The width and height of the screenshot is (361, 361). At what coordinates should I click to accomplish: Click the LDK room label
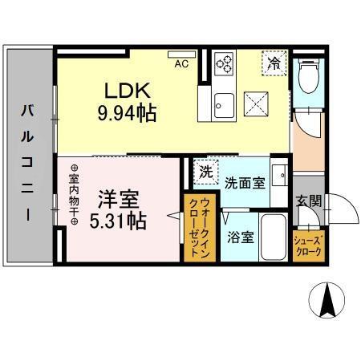[x=127, y=90]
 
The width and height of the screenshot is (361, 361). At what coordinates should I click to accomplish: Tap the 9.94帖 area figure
[x=127, y=113]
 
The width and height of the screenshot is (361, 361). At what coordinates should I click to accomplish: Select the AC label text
[x=181, y=63]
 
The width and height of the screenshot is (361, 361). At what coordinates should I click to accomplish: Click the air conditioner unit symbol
[x=181, y=55]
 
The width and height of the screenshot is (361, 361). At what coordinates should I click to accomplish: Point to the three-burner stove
[x=225, y=63]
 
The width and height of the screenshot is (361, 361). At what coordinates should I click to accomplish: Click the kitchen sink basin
[x=224, y=105]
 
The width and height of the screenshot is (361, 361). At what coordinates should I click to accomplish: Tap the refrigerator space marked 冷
[x=274, y=63]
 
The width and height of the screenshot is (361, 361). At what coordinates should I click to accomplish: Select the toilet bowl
[x=309, y=75]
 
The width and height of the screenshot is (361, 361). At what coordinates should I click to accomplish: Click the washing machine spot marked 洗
[x=206, y=172]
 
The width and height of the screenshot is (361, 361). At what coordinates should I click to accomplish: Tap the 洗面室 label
[x=245, y=183]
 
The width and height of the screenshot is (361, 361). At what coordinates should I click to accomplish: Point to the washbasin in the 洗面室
[x=280, y=175]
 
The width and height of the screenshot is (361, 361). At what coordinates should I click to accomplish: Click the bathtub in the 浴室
[x=274, y=237]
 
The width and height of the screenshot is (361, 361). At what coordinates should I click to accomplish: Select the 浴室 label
[x=241, y=237]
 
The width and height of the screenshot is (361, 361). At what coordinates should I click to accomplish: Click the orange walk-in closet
[x=200, y=228]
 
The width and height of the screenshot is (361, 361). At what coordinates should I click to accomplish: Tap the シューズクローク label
[x=308, y=246]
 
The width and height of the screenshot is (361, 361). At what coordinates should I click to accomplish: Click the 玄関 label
[x=309, y=201]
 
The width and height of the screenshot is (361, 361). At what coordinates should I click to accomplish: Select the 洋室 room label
[x=119, y=200]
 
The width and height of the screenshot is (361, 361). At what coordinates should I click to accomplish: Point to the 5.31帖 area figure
[x=118, y=221]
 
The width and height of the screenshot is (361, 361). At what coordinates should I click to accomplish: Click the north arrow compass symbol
[x=327, y=300]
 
